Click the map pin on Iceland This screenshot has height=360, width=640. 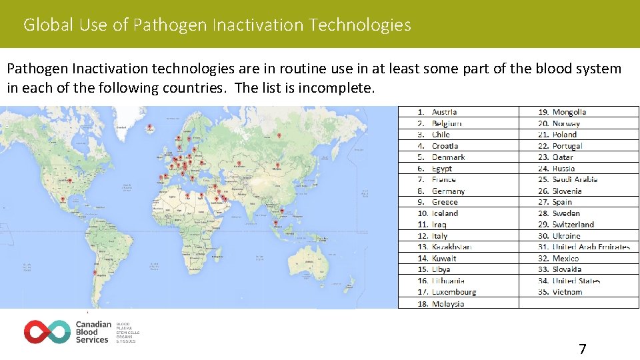click(x=149, y=127)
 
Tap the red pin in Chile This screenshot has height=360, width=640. click(x=95, y=273)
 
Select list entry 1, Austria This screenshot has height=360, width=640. click(x=444, y=112)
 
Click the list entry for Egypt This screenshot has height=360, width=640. click(x=441, y=169)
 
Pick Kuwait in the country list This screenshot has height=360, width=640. click(x=444, y=258)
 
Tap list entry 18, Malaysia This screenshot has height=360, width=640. click(x=448, y=303)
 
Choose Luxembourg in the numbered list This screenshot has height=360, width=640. click(x=454, y=292)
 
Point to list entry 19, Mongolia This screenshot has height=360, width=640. click(x=569, y=112)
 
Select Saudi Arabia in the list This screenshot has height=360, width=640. click(x=575, y=179)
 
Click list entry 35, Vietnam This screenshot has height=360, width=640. click(x=567, y=292)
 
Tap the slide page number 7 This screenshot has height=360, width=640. click(x=582, y=349)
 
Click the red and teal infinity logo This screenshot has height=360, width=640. click(x=47, y=331)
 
